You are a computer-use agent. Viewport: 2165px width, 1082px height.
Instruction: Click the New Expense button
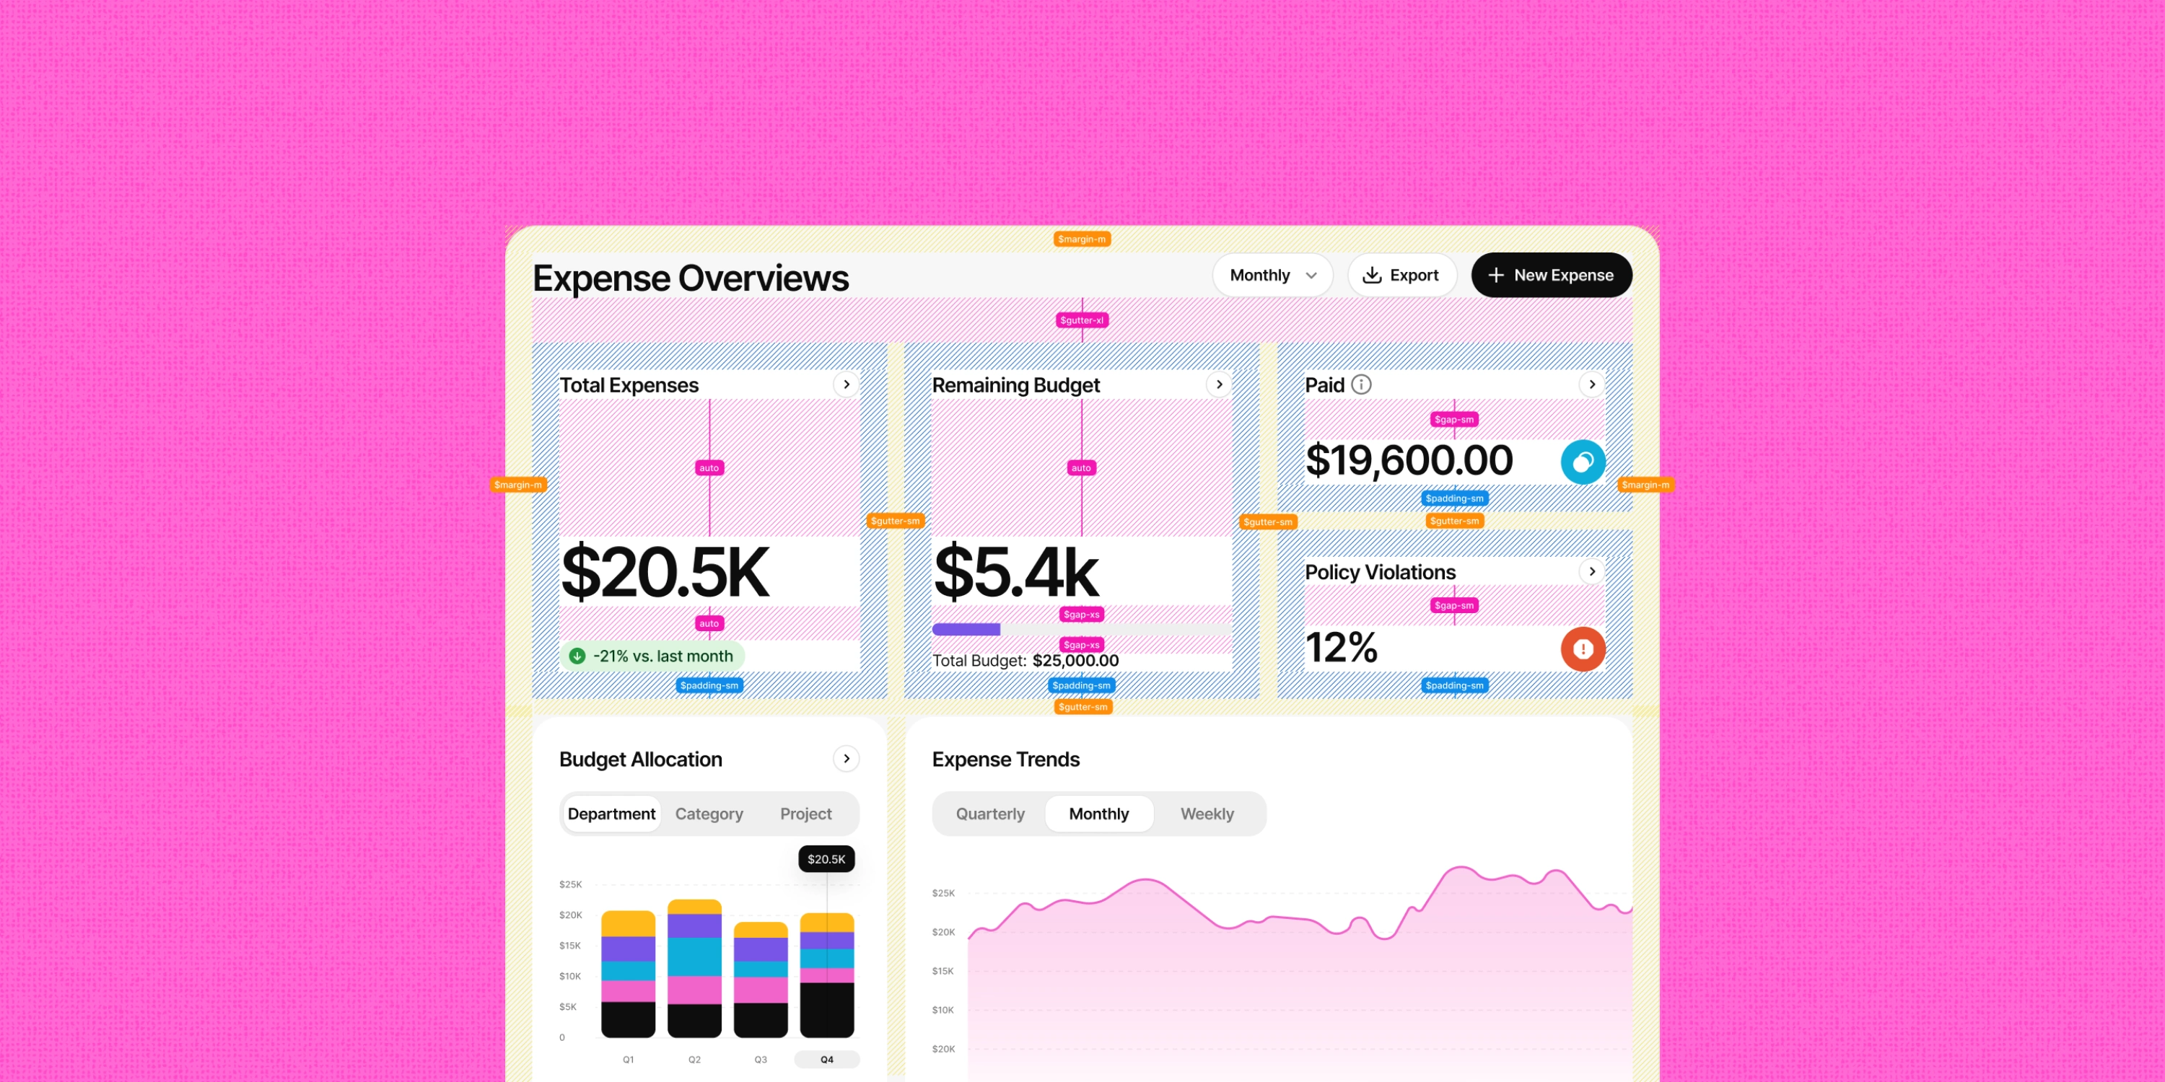[1552, 275]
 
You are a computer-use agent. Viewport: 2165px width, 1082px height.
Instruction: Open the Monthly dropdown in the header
[1272, 275]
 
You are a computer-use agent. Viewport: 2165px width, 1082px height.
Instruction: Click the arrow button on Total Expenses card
[847, 384]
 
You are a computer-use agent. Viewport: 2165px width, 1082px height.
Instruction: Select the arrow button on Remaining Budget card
[1220, 384]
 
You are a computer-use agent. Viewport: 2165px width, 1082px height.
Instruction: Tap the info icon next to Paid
[1362, 384]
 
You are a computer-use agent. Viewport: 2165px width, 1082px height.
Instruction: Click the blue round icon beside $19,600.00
[1583, 461]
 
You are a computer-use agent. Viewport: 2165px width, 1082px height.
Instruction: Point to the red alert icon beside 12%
[1583, 648]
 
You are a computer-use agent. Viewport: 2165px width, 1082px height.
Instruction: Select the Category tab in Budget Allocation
[709, 814]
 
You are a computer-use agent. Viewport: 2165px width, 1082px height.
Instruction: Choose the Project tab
[806, 814]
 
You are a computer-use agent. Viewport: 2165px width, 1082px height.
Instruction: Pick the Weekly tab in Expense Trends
[1207, 814]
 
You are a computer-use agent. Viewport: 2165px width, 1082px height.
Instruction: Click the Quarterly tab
[990, 814]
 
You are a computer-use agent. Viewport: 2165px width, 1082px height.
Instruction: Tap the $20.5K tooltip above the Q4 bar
[826, 858]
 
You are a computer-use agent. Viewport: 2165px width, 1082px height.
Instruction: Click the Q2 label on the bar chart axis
[694, 1060]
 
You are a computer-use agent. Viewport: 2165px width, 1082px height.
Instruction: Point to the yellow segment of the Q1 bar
[629, 923]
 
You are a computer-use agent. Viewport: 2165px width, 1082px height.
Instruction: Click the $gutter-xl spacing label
[1082, 320]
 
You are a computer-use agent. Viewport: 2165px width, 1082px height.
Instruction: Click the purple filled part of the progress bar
[966, 629]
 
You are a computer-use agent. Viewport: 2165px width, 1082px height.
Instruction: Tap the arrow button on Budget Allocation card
[847, 759]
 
